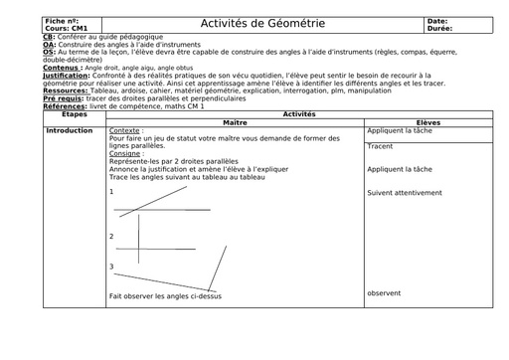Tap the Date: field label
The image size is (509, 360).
[x=437, y=21]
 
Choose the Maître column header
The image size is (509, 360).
[x=236, y=121]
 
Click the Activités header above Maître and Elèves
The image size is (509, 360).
[x=299, y=114]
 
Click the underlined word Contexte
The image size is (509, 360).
[x=126, y=130]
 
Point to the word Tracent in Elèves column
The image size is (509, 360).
[x=380, y=146]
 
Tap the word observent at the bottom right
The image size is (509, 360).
[x=384, y=292]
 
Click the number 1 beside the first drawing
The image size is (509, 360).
[x=112, y=191]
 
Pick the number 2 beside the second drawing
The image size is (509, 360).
[x=112, y=236]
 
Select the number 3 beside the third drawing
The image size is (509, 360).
[x=112, y=266]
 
